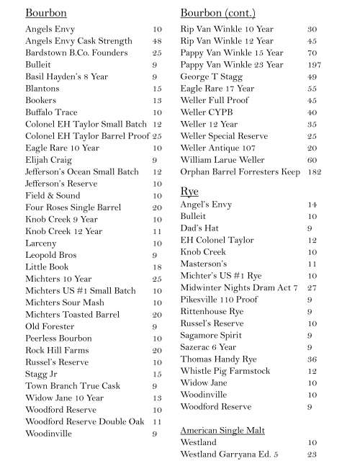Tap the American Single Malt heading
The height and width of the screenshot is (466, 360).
point(222,430)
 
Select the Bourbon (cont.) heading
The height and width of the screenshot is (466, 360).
point(217,13)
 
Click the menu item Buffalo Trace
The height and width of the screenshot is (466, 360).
point(52,112)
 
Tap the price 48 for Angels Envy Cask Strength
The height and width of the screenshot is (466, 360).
point(157,41)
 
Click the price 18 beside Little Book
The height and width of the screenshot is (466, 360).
point(157,266)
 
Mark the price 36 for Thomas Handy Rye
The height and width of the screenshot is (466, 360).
point(312,359)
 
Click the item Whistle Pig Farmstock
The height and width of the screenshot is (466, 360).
point(225,371)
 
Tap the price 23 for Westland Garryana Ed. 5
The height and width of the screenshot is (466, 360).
point(312,454)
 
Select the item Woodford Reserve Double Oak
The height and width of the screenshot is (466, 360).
point(85,421)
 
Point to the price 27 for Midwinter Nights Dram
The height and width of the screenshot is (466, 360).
point(312,288)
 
